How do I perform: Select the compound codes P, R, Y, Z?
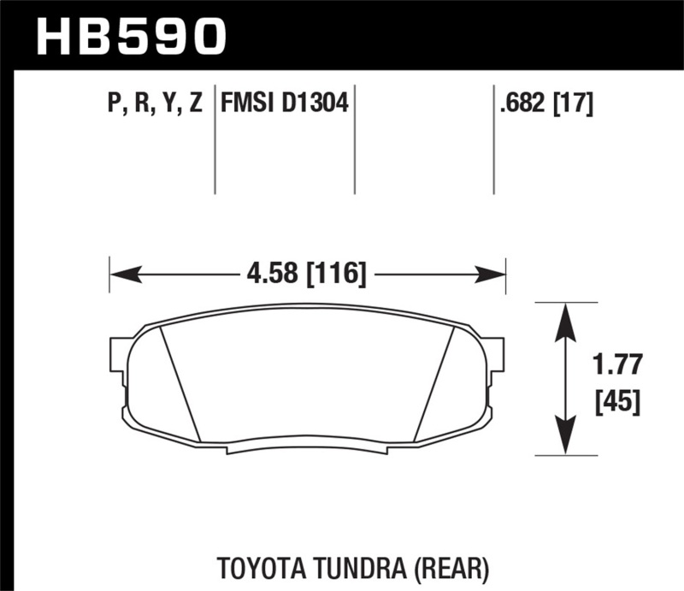(x=156, y=104)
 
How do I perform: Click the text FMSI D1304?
(x=284, y=104)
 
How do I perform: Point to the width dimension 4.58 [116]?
(x=308, y=275)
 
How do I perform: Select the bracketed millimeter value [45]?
(x=617, y=400)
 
